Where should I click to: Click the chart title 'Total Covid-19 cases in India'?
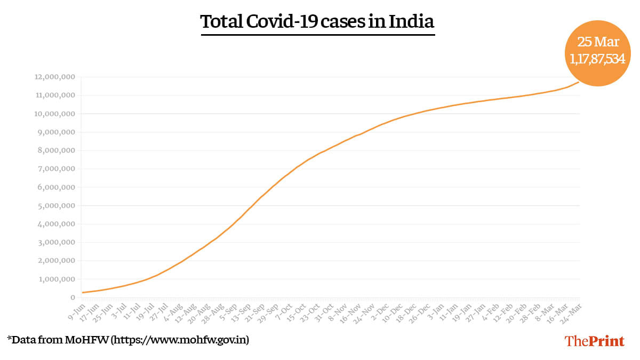pyautogui.click(x=317, y=22)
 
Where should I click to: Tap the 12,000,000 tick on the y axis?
pyautogui.click(x=52, y=77)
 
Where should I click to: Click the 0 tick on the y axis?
pyautogui.click(x=71, y=298)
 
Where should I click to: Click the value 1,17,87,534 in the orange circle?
pyautogui.click(x=597, y=59)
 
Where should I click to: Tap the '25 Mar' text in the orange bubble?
pyautogui.click(x=597, y=42)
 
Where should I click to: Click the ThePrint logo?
pyautogui.click(x=594, y=341)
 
